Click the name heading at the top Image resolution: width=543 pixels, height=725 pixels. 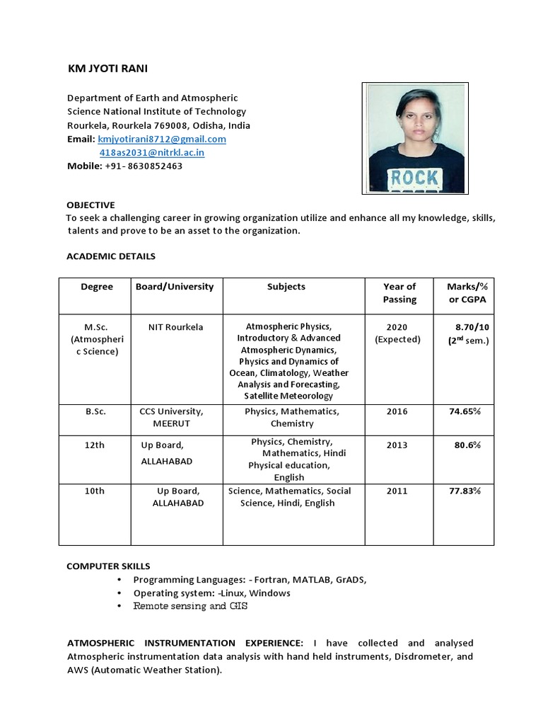point(108,69)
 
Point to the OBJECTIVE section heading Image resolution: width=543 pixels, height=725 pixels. point(90,205)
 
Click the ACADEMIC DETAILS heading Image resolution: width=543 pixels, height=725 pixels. point(111,256)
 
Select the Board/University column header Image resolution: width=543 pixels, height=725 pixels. point(175,287)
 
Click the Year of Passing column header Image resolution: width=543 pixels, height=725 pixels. point(399,293)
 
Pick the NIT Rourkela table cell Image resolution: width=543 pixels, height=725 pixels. point(175,327)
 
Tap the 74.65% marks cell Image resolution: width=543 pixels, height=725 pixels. point(465,411)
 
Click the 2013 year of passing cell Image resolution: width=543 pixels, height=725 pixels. point(397,445)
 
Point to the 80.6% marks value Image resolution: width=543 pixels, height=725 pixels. point(467,445)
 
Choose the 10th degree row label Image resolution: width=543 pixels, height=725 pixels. point(94,491)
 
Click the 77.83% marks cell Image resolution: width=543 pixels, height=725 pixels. point(465,491)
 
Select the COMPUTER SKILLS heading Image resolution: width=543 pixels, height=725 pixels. point(108,566)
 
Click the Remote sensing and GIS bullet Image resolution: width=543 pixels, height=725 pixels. point(190,606)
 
